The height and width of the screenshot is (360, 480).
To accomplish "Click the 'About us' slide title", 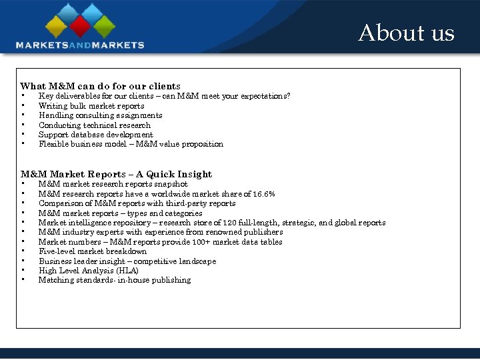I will click(x=406, y=33).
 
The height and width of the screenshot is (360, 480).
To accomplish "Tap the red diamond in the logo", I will click(x=80, y=27).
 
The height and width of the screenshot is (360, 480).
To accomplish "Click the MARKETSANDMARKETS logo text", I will click(x=80, y=45).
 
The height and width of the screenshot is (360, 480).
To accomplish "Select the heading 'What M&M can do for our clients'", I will click(x=100, y=86).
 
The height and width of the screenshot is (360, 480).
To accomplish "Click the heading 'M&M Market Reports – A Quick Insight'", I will click(x=116, y=175).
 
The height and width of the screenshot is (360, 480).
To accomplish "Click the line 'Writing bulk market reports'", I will click(x=91, y=106).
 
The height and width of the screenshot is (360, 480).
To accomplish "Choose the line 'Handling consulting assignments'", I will click(x=100, y=115).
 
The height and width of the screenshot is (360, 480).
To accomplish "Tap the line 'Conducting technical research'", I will click(x=95, y=125).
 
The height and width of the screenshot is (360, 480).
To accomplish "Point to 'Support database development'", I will click(x=95, y=135).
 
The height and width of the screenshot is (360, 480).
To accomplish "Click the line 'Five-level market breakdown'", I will click(x=93, y=251).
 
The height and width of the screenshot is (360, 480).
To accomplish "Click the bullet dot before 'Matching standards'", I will click(x=23, y=279).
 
